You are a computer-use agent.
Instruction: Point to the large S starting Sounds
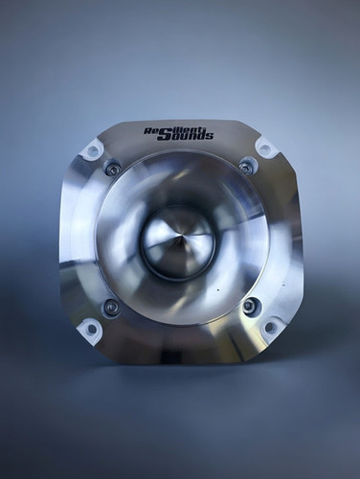[164, 135]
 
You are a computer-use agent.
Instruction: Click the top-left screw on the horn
[113, 169]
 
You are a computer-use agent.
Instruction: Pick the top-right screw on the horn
[247, 167]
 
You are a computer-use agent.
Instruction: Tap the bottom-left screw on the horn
[112, 308]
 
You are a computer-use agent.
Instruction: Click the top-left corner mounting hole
[93, 150]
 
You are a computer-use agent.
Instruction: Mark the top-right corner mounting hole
[265, 148]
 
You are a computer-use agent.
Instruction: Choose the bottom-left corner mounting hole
[91, 329]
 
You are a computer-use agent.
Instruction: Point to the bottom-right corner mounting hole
[269, 327]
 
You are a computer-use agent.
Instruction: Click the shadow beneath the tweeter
[182, 378]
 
